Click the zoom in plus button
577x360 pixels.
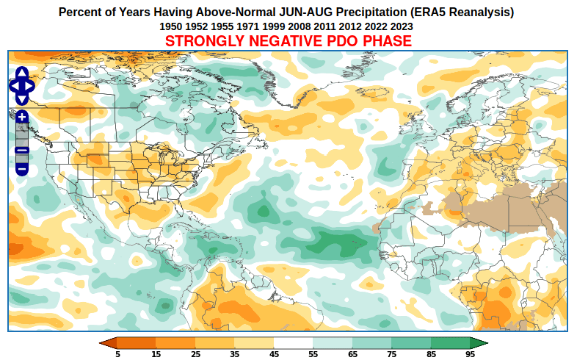pos(22,117)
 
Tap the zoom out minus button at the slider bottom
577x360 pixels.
pos(22,169)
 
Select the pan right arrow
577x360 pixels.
pos(31,86)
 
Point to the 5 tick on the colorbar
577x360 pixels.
pos(117,354)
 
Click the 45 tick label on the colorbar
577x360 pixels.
pos(274,354)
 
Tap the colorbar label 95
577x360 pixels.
pos(470,354)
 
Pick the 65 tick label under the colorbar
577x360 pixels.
pos(352,354)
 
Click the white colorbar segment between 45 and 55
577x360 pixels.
pos(294,342)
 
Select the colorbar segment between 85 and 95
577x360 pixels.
pos(450,342)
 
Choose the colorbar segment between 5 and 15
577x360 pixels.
pos(137,342)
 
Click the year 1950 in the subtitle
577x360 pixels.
pos(171,26)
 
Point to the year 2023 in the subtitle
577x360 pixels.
pos(401,26)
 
